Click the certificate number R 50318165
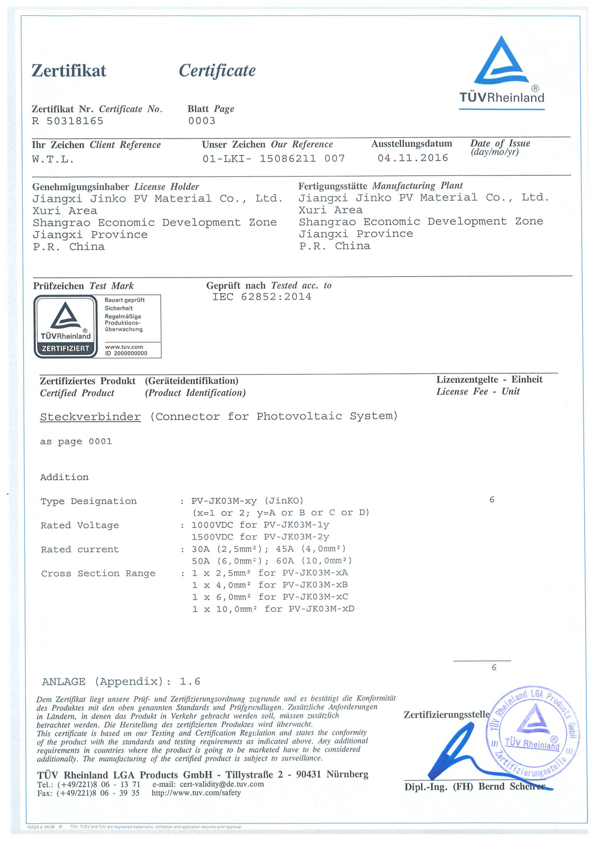pos(68,121)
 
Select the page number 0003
pos(201,121)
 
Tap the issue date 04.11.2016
pos(413,158)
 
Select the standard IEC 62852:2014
pos(262,297)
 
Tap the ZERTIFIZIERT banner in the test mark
pos(65,348)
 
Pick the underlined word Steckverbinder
pos(90,417)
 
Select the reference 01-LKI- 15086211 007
pos(273,159)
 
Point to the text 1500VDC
pos(212,537)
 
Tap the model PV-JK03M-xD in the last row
pos(321,609)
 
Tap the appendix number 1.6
pos(190,682)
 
